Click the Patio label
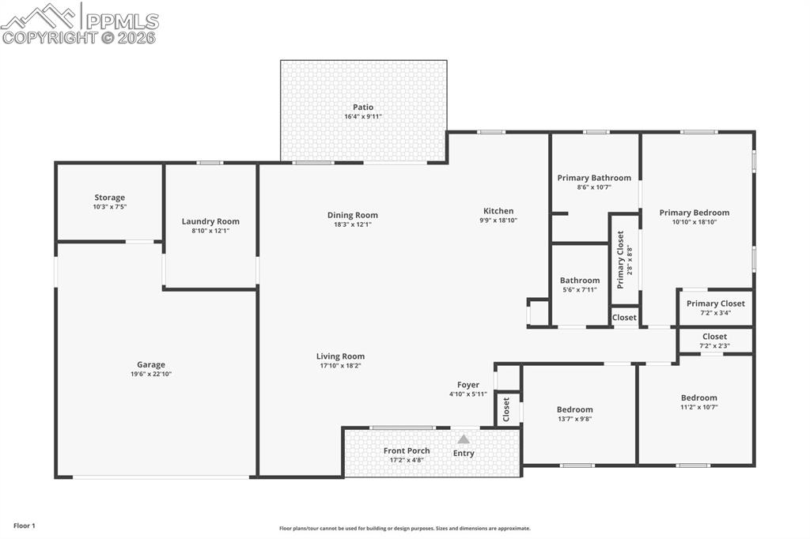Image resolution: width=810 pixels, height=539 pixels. point(363,107)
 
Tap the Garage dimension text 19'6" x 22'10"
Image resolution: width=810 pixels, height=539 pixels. point(150,375)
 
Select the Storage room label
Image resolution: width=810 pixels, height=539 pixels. point(109,198)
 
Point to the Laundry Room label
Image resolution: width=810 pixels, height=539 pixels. point(210,221)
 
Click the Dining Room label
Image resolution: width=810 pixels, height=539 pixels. point(353,215)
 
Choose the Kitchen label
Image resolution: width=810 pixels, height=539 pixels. point(498,211)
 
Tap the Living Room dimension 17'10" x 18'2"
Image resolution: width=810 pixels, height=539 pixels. point(340,366)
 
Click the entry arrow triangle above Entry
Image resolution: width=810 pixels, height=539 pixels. point(464,439)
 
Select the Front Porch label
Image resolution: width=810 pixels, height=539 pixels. point(407,450)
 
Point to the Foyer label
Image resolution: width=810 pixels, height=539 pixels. point(468,385)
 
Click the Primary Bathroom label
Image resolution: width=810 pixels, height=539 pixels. point(594,178)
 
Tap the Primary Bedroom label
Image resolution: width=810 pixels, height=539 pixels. point(695,213)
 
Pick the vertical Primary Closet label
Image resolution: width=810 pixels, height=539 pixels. point(621,260)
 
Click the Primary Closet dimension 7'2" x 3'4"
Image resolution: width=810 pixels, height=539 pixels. point(715,313)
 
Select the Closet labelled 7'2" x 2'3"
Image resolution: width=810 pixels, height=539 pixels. point(714,337)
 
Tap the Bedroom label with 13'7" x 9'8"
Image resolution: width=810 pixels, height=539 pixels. point(574,409)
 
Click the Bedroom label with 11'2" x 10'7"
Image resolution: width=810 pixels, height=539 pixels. point(699,398)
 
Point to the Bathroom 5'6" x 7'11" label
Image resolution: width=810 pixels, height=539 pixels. point(580,281)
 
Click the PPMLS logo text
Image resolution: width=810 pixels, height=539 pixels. point(120,21)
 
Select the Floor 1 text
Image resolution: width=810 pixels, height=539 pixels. point(25,526)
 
